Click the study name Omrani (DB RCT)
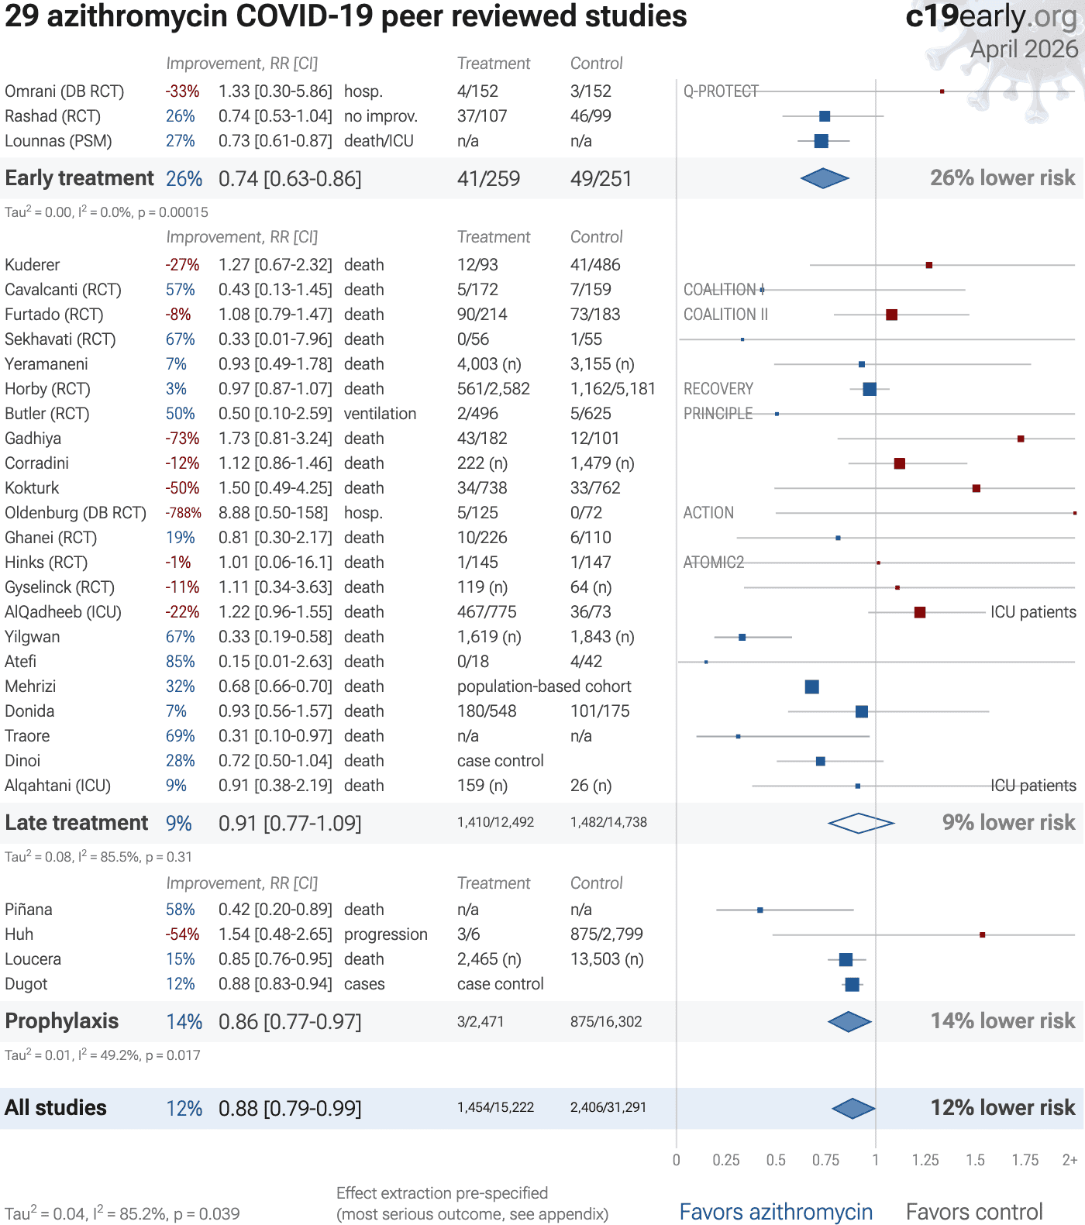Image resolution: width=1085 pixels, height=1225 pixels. click(x=64, y=91)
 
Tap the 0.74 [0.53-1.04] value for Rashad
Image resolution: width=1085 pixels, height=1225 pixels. click(x=275, y=116)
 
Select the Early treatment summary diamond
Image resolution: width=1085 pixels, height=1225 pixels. click(x=825, y=178)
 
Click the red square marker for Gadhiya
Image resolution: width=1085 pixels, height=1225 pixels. click(x=1021, y=439)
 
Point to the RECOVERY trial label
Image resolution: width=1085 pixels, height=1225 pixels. click(x=718, y=389)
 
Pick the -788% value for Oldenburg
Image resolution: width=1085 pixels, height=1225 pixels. click(x=183, y=513)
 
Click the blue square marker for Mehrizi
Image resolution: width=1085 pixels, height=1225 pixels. click(x=811, y=686)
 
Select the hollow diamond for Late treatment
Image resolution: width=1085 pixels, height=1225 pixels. click(x=860, y=823)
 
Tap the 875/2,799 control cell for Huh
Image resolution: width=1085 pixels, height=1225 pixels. click(x=607, y=934)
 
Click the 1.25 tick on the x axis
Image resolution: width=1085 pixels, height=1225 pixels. click(x=925, y=1160)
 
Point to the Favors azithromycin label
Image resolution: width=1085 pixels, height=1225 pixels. click(x=776, y=1212)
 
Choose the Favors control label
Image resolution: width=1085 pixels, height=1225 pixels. click(x=974, y=1212)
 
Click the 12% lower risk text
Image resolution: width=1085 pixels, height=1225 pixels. click(x=1003, y=1108)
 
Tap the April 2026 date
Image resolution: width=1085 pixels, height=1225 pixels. click(x=1024, y=50)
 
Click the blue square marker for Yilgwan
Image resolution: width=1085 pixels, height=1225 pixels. click(x=742, y=637)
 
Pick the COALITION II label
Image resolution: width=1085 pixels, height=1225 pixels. click(x=725, y=315)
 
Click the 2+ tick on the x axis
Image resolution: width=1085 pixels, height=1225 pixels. click(x=1069, y=1160)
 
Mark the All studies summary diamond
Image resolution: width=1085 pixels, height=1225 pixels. click(x=853, y=1108)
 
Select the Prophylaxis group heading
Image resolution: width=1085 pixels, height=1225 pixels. click(x=62, y=1021)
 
